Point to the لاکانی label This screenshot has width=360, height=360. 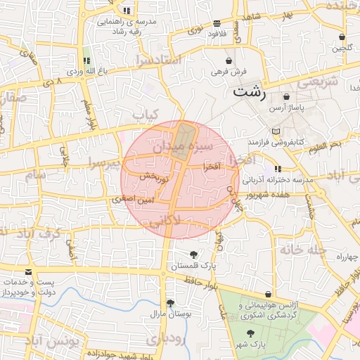165,219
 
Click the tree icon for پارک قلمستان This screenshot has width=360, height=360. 193,255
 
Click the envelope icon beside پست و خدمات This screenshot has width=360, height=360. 28,271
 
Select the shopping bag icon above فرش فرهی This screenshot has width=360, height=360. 229,60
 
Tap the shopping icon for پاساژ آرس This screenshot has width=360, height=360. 286,96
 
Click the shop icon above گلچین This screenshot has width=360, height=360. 342,37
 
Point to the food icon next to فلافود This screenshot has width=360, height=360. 216,23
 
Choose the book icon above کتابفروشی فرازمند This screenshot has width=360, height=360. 275,131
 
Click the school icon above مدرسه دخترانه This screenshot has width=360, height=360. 278,169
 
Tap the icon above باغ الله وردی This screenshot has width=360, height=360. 86,60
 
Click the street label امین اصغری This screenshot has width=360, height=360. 131,200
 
